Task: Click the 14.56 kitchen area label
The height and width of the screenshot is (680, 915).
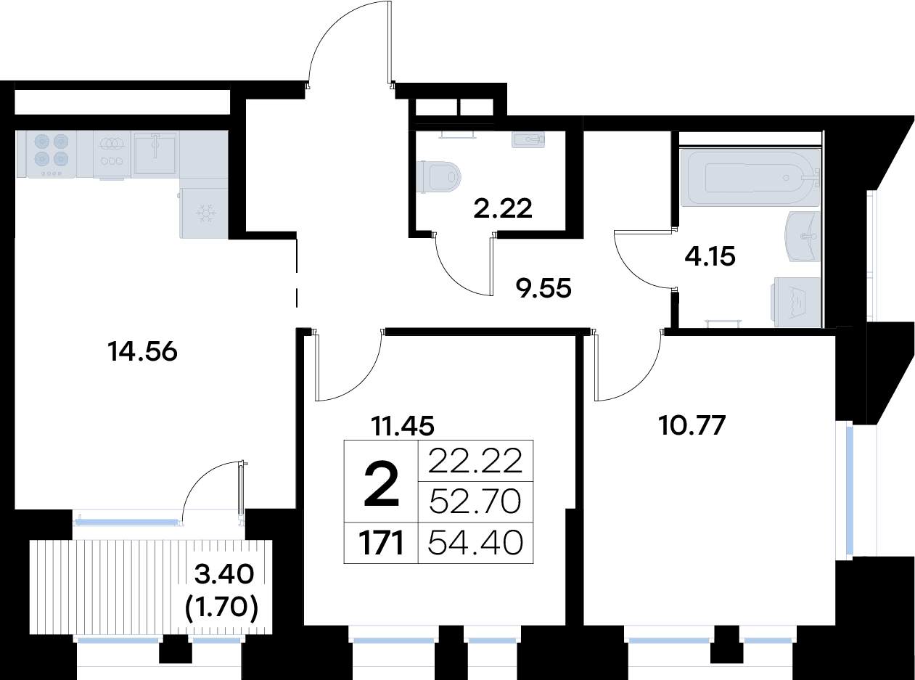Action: click(x=142, y=352)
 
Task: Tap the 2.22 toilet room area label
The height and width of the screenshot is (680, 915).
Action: click(x=503, y=208)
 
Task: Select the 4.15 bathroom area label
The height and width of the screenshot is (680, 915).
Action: click(x=710, y=256)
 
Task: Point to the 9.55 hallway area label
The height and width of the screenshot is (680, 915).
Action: click(x=543, y=288)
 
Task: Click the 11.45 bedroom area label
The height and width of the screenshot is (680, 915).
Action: click(x=403, y=426)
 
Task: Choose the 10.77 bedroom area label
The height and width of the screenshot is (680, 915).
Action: click(x=692, y=425)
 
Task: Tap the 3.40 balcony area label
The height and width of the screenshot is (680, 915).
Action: click(x=223, y=574)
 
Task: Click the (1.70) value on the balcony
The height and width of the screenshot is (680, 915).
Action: click(x=221, y=608)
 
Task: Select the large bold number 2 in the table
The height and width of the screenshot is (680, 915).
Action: click(x=381, y=485)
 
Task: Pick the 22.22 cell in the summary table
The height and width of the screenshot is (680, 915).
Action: click(x=475, y=461)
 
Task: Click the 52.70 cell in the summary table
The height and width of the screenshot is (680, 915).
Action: click(x=475, y=501)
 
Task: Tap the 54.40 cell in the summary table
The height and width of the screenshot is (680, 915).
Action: click(x=475, y=543)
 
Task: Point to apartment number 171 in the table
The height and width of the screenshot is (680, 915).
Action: click(x=381, y=543)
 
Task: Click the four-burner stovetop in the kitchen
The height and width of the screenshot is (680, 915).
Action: click(x=52, y=155)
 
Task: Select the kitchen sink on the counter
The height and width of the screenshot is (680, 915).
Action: click(x=155, y=153)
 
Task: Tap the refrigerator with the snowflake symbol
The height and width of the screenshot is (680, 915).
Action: click(x=204, y=213)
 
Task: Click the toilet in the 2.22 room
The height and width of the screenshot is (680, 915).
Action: click(x=438, y=177)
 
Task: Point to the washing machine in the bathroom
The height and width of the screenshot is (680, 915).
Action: click(x=795, y=302)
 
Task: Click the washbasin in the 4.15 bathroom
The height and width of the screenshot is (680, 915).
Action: click(x=803, y=237)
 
